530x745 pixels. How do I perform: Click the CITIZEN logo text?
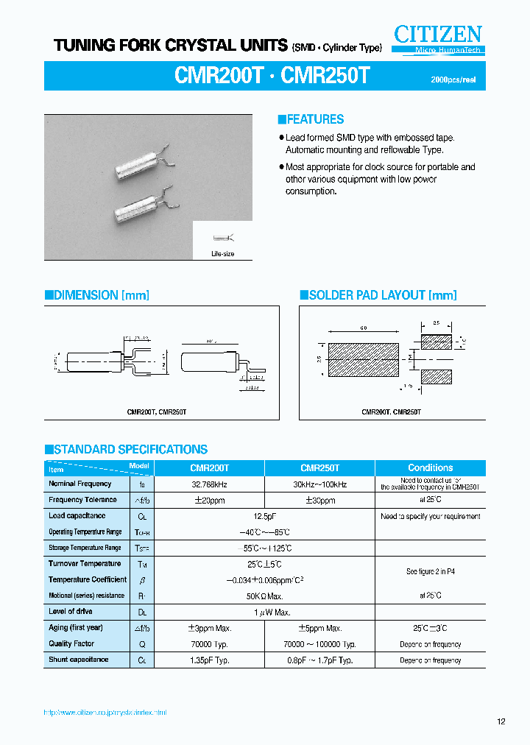click(437, 34)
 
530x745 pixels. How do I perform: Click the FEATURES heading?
click(311, 119)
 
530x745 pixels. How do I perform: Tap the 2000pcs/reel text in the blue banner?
click(458, 80)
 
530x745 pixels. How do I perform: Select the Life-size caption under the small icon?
click(222, 254)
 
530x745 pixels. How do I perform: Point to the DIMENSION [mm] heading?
click(97, 295)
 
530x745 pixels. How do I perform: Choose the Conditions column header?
click(430, 467)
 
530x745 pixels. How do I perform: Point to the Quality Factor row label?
click(71, 643)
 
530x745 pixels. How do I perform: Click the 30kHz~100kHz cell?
click(319, 484)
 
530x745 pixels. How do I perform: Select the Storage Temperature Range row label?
click(85, 548)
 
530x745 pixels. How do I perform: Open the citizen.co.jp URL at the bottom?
click(105, 713)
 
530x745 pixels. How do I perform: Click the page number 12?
click(501, 722)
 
